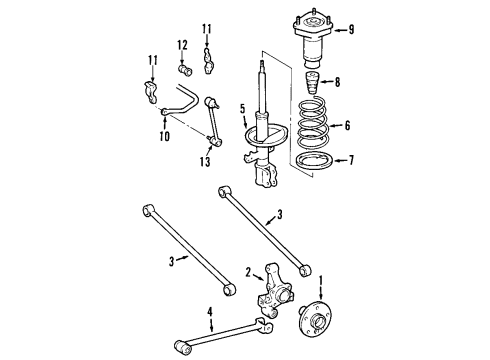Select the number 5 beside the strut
241,109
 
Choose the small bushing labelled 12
184,70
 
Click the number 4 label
209,312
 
